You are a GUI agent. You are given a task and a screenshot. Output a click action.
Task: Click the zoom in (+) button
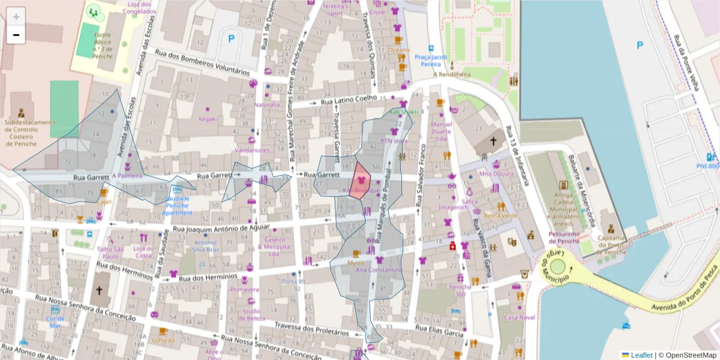tap(16, 16)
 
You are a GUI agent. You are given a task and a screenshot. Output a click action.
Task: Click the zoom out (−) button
tap(16, 35)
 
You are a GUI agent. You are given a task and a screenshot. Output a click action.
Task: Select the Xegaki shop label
tap(208, 119)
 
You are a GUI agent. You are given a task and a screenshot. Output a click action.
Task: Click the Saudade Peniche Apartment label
tap(177, 205)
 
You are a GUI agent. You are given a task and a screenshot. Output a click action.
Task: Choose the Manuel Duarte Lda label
tap(441, 131)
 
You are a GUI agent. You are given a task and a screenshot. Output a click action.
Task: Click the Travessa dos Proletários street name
tap(311, 328)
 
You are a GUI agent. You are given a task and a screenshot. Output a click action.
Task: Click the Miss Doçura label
tap(496, 173)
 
